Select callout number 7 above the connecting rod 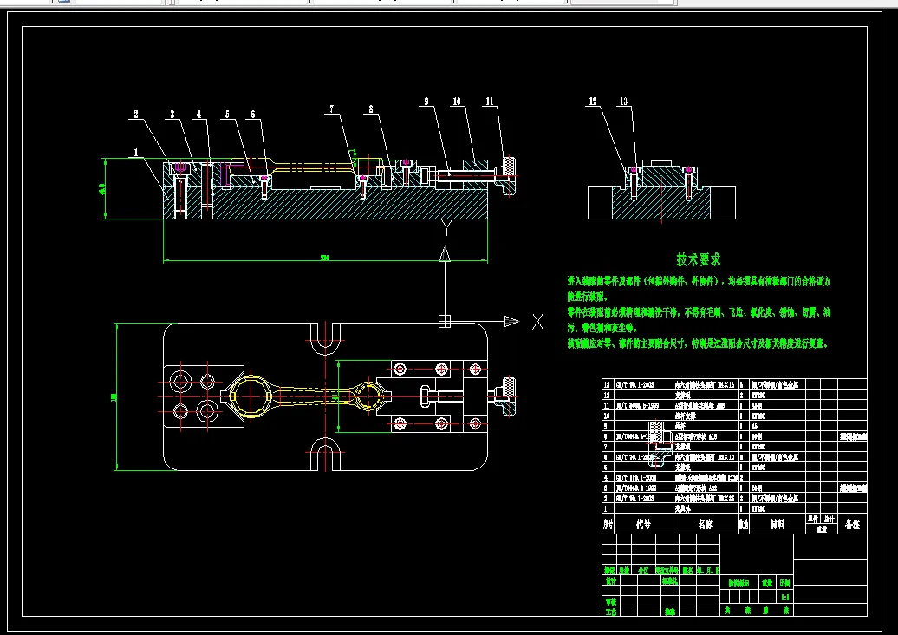(x=330, y=109)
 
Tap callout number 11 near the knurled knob (x=489, y=102)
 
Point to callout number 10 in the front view (x=456, y=102)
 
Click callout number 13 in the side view (x=623, y=101)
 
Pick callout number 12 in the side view (x=593, y=101)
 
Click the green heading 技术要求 (x=699, y=259)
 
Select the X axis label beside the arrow (x=537, y=322)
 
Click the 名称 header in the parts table (x=704, y=525)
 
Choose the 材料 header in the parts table (x=770, y=525)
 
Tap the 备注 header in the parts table (x=852, y=525)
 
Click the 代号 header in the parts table (x=642, y=525)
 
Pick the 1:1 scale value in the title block (x=784, y=598)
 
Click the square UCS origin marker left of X (x=444, y=321)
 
